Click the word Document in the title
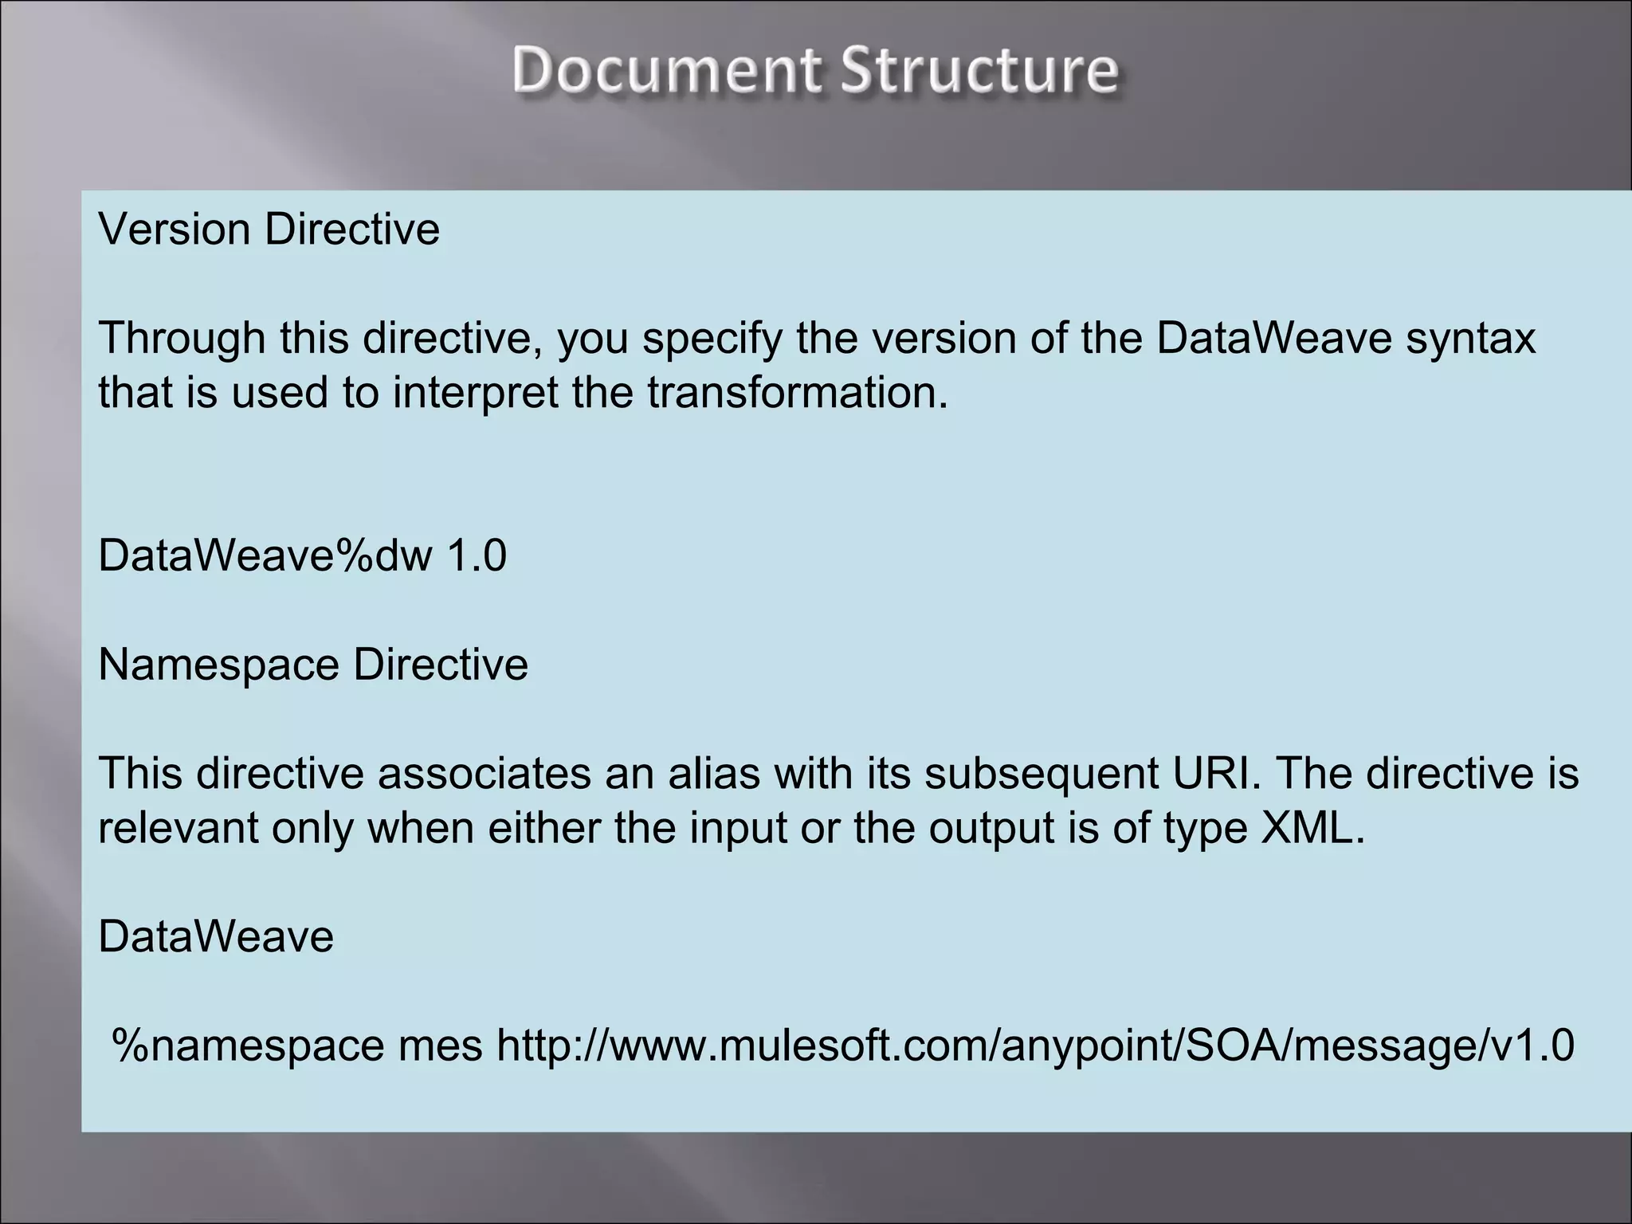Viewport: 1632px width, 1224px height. [x=665, y=70]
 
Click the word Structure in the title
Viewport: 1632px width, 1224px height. [x=979, y=70]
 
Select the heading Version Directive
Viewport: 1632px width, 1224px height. [x=269, y=229]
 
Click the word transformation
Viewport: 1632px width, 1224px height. [x=797, y=393]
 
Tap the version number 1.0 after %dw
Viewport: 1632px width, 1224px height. [x=477, y=555]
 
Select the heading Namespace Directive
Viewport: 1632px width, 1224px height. [x=312, y=665]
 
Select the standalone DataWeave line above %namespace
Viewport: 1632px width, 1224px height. [x=216, y=936]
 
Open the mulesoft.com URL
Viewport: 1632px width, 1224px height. [x=1035, y=1046]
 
